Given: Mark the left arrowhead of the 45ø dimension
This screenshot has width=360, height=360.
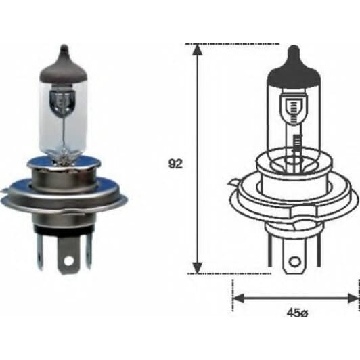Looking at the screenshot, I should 238,297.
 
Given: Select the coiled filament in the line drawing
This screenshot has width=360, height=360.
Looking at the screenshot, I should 294,106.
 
